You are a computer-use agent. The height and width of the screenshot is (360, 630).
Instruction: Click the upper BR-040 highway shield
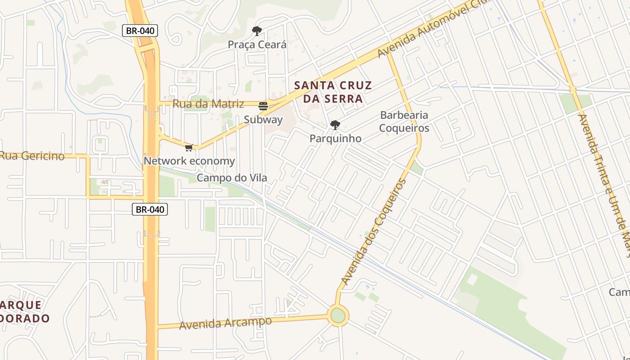pos(140,31)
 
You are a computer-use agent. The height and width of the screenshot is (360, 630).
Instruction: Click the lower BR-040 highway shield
pos(150,209)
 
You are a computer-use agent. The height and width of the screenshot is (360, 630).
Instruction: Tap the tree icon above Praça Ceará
pos(257,31)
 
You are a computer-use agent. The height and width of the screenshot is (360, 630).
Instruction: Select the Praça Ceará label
pos(257,45)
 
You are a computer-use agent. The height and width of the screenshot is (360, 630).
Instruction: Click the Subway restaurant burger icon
pos(263,106)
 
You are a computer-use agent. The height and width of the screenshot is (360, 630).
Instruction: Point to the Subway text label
pos(263,120)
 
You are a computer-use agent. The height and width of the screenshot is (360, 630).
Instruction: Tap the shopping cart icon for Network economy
pos(189,148)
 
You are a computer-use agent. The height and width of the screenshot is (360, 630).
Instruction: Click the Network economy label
pos(189,161)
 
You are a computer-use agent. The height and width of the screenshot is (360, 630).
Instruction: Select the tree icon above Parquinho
pos(335,125)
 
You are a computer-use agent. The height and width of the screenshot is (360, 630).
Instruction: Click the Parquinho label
pos(335,139)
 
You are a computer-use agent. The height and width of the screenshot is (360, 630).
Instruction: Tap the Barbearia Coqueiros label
pos(404,121)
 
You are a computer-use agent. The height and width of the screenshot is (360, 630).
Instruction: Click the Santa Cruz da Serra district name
pos(333,92)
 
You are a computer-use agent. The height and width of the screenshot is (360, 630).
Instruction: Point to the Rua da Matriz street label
pos(208,104)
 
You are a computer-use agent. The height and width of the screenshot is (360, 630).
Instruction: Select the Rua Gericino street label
pos(32,156)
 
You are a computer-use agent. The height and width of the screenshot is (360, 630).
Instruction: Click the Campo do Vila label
pos(232,178)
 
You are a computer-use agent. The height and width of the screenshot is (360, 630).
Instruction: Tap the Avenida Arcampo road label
pos(225,323)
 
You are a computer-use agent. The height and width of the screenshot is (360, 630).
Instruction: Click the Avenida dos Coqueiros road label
pos(374,232)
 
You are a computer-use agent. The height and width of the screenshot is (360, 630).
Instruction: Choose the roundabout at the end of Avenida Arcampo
pos(338,315)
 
